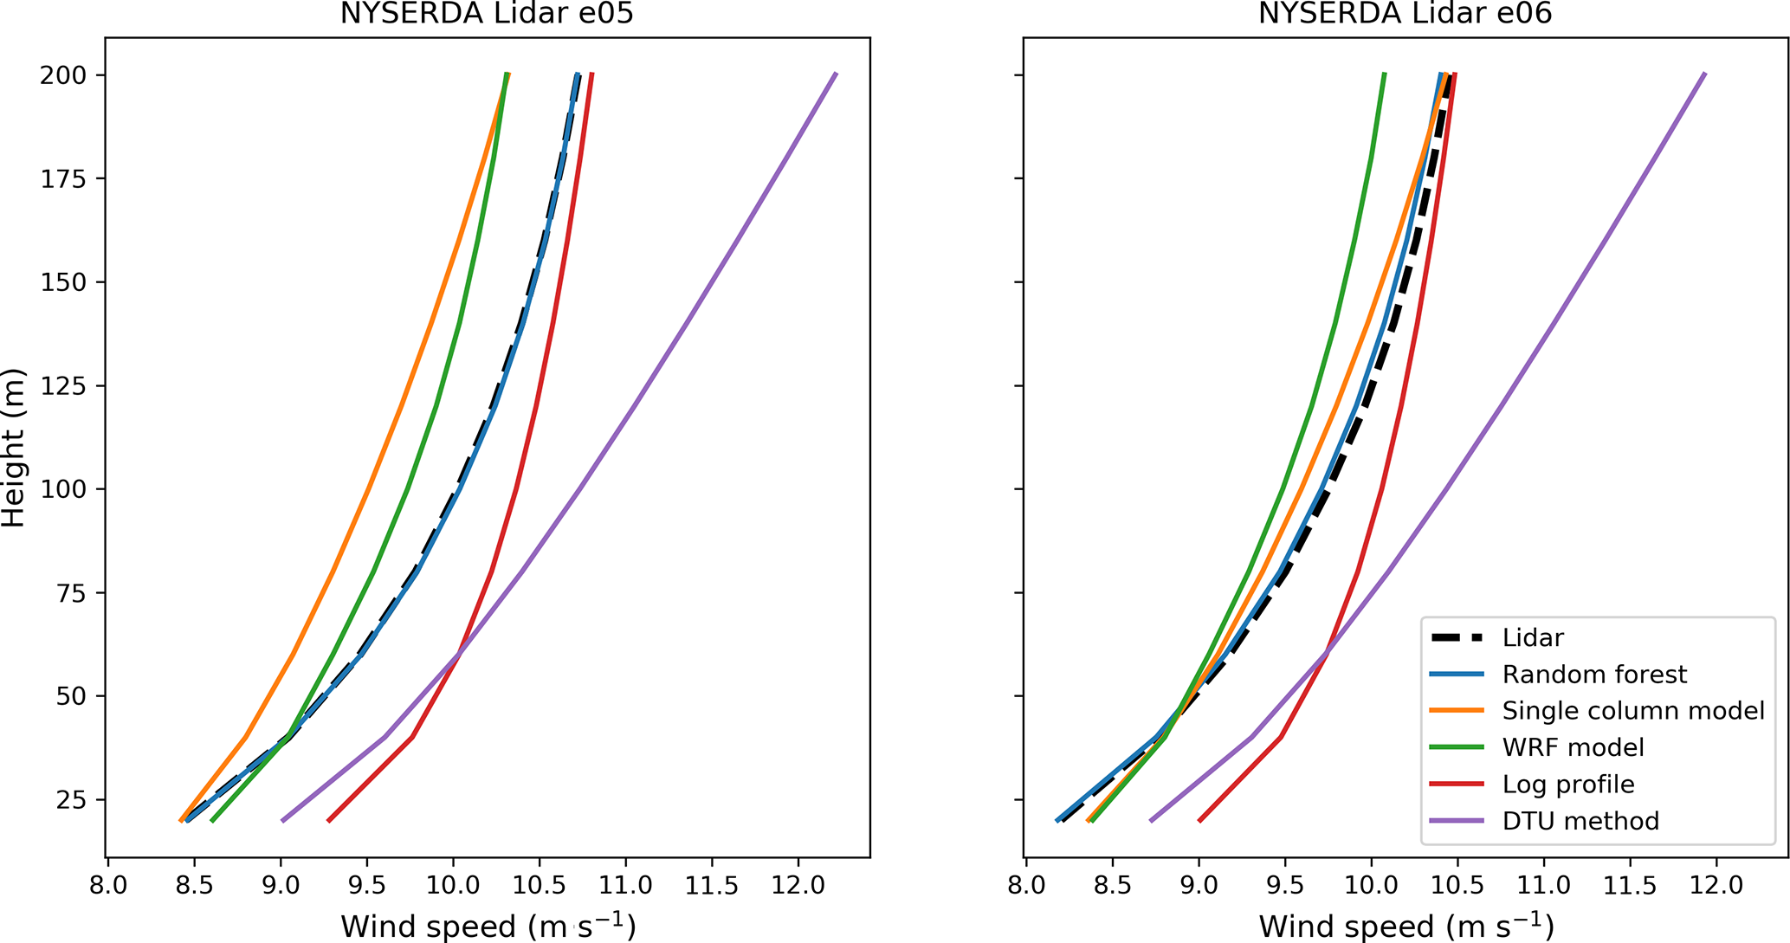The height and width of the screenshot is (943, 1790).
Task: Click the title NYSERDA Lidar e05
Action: click(488, 14)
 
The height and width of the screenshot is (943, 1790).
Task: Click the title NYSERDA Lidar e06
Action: click(1405, 14)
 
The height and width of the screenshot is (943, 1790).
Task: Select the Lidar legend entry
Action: click(1532, 638)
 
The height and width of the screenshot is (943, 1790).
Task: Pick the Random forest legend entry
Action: click(1593, 675)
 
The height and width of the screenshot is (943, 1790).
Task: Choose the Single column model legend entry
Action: click(1632, 711)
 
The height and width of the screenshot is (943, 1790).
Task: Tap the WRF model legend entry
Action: click(1572, 747)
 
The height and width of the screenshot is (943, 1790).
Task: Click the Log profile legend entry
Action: click(1567, 785)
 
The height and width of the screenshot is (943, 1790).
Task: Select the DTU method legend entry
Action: click(1580, 821)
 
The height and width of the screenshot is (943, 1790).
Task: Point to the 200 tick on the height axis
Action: click(62, 75)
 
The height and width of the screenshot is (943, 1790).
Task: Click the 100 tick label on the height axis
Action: click(62, 489)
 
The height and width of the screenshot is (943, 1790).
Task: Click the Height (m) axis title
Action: click(14, 448)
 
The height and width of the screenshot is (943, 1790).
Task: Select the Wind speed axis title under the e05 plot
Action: click(488, 925)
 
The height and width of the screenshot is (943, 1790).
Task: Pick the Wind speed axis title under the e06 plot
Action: click(1405, 925)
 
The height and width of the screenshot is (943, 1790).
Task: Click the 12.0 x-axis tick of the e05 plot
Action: click(798, 885)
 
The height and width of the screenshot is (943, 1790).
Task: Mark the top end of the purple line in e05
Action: click(836, 74)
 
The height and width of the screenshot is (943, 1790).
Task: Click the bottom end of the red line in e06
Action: click(1199, 820)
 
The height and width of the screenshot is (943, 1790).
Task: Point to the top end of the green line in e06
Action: click(1384, 74)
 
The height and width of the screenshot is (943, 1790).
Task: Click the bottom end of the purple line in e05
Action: click(283, 820)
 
